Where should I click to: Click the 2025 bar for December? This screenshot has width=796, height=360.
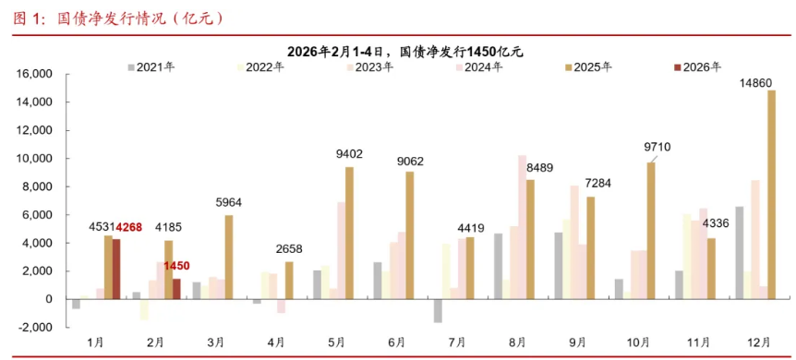(771, 194)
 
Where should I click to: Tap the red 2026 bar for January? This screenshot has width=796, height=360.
(117, 269)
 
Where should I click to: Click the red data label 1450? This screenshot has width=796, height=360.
(176, 266)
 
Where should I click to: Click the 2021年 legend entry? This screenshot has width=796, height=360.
(153, 66)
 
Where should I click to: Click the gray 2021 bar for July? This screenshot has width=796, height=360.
(438, 310)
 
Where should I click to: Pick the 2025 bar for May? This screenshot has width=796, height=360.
(349, 233)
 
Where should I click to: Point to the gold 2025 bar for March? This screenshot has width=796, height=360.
(228, 257)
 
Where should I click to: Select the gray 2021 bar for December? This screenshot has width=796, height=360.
(739, 252)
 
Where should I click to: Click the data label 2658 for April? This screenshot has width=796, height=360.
(289, 250)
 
